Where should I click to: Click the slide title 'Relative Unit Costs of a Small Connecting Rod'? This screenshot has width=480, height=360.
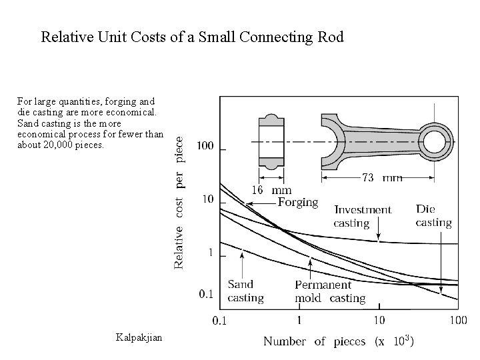click(192, 37)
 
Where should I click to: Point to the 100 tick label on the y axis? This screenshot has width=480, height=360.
click(205, 146)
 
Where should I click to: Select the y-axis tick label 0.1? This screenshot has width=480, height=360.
click(205, 293)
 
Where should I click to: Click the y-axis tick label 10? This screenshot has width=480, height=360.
click(207, 199)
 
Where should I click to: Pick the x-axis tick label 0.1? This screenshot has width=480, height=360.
click(219, 321)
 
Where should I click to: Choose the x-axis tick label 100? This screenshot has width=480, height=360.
click(457, 321)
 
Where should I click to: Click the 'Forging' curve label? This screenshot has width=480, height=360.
click(297, 202)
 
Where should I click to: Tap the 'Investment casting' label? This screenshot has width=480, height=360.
click(363, 216)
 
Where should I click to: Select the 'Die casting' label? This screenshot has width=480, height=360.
click(433, 215)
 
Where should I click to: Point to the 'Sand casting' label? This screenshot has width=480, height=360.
click(245, 291)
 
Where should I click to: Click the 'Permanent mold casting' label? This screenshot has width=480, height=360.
click(330, 291)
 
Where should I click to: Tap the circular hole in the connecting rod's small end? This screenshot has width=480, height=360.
click(434, 142)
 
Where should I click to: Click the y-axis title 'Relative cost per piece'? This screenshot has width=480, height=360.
click(180, 199)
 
